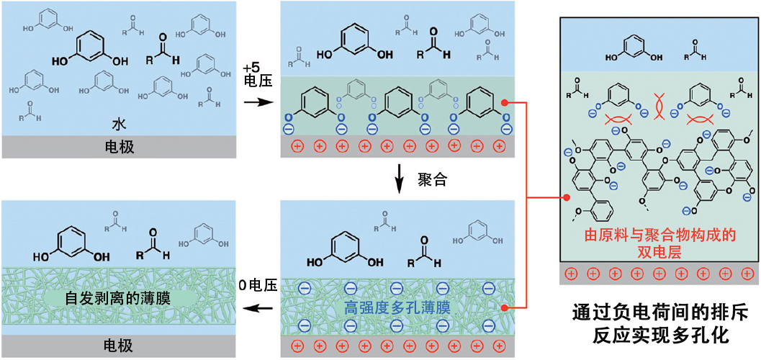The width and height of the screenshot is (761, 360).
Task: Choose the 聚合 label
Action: pyautogui.click(x=432, y=180)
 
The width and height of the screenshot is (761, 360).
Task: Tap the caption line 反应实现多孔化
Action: pyautogui.click(x=659, y=336)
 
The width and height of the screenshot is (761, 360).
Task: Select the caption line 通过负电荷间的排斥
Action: pyautogui.click(x=659, y=314)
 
